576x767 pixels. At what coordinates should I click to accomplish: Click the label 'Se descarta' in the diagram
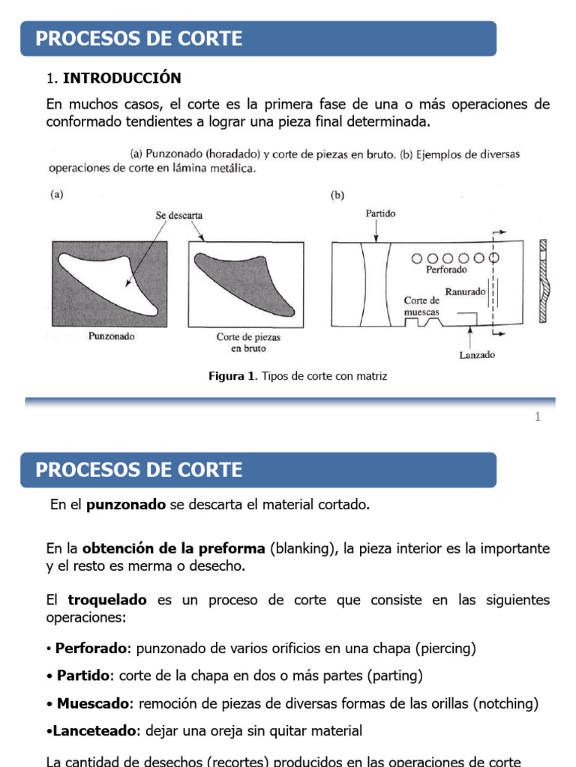point(179,215)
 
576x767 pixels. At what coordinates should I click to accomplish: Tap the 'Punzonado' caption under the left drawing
point(112,336)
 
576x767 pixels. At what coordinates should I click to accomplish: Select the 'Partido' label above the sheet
point(380,213)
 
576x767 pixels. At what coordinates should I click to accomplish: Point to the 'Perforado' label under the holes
point(446,270)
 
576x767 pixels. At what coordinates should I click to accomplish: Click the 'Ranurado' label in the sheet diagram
point(465,291)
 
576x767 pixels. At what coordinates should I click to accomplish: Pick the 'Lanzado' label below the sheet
point(477,355)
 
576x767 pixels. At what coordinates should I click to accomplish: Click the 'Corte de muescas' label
point(421,306)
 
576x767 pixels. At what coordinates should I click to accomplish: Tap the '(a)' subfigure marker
point(56,195)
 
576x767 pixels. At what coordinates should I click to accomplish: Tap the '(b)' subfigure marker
point(337,195)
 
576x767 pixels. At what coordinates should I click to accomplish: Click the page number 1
point(538,417)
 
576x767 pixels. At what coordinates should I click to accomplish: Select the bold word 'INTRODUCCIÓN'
point(122,78)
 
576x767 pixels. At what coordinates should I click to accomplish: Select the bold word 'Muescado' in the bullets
point(93,703)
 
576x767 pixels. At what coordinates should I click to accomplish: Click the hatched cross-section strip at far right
point(544,282)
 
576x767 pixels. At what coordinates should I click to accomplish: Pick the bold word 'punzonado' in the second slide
point(126,505)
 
